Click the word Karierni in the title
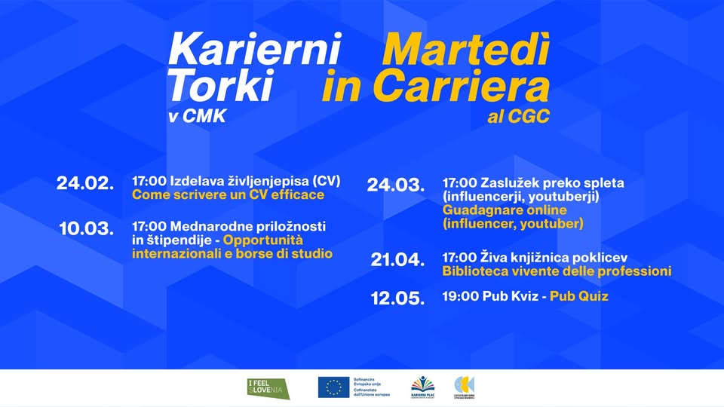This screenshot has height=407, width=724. point(255,50)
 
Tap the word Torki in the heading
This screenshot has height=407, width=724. point(220,87)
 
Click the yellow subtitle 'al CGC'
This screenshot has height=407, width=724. point(519,117)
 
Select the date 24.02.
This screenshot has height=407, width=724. point(85,183)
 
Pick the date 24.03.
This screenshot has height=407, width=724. point(395,185)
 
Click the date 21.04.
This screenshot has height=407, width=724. point(397,260)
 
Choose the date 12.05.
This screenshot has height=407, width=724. point(397,298)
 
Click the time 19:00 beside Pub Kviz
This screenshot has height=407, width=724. point(460,297)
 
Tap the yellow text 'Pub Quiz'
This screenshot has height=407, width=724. point(578,297)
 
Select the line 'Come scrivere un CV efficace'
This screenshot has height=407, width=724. point(228,195)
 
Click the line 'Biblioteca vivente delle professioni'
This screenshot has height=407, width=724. point(557,271)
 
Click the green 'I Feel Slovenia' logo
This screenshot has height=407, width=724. point(266,388)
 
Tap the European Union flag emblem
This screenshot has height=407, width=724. point(333,387)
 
